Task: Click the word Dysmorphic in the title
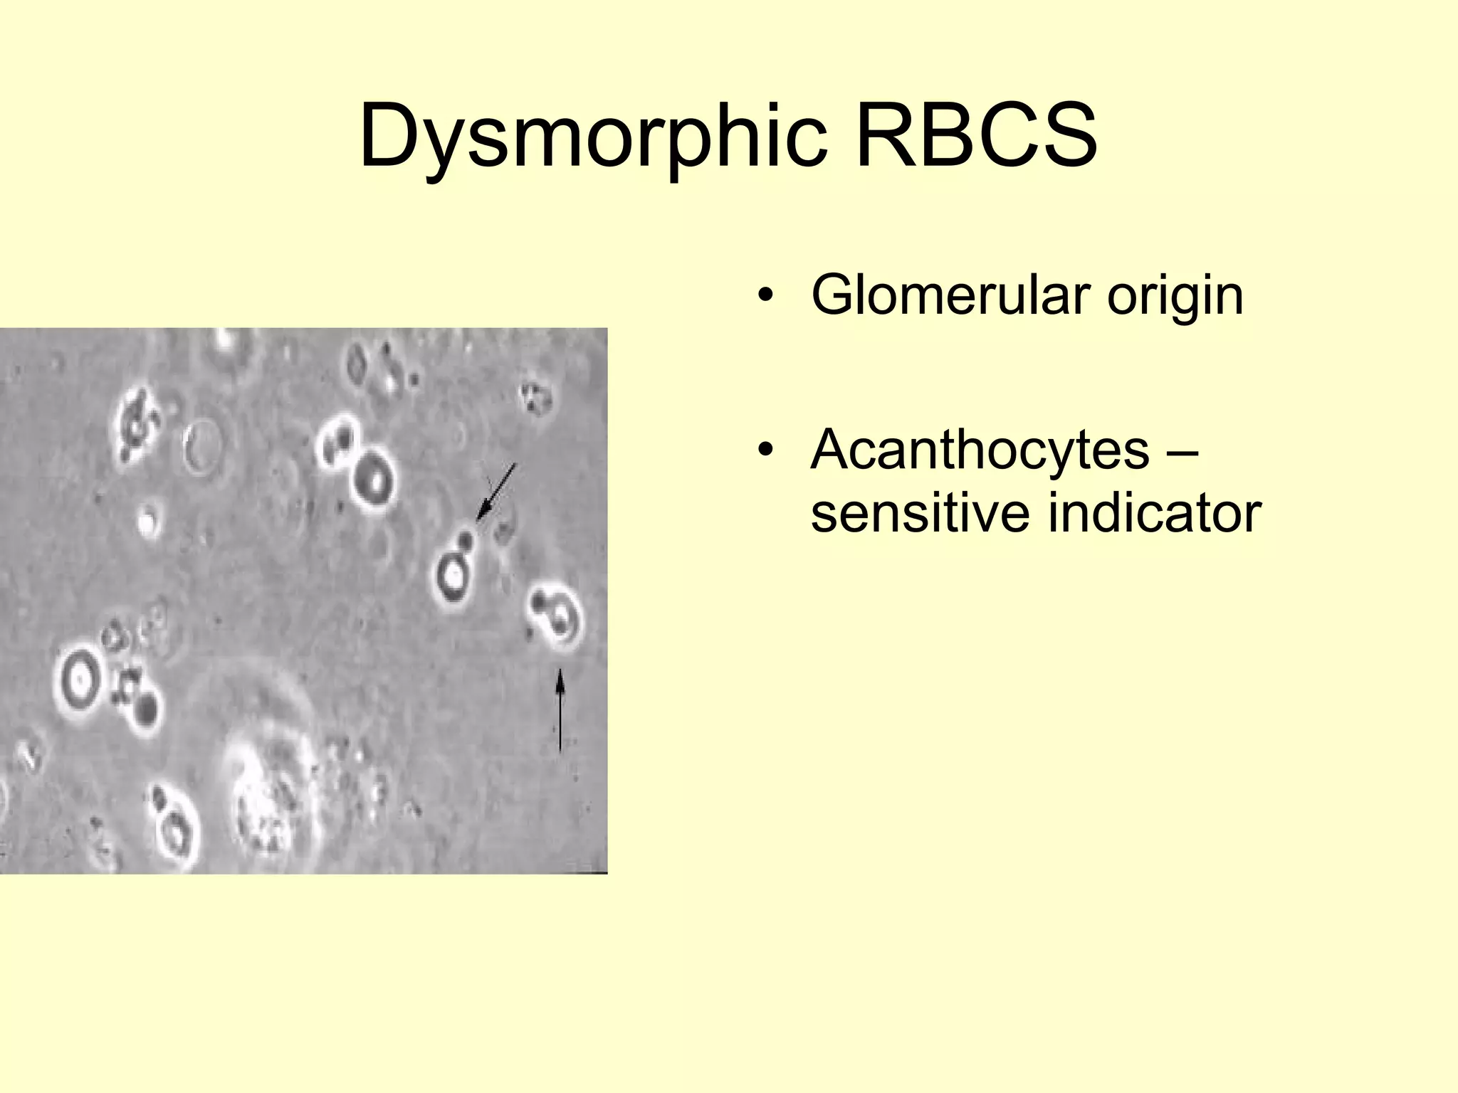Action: pos(592,137)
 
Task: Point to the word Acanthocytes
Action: pos(980,451)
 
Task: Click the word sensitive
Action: pos(918,514)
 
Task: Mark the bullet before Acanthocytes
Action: pos(765,450)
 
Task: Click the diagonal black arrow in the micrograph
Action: pos(496,492)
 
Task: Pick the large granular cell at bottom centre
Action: pos(267,804)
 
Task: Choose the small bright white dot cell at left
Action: pos(147,522)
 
